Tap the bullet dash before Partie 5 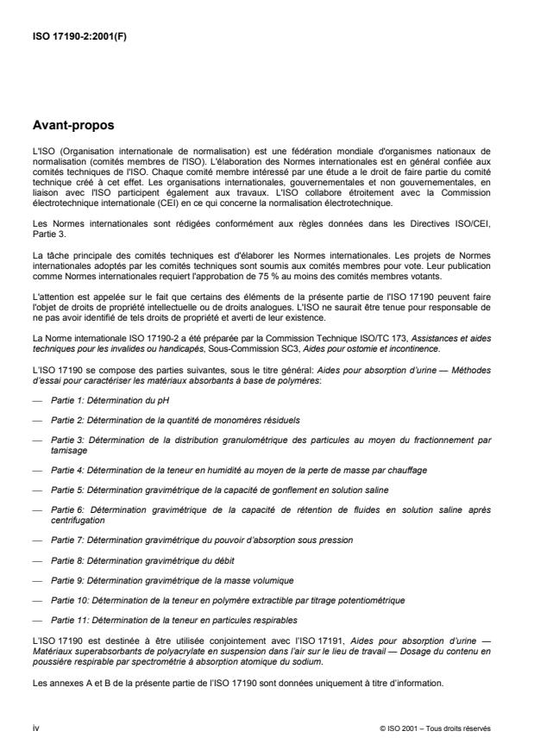point(37,490)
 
